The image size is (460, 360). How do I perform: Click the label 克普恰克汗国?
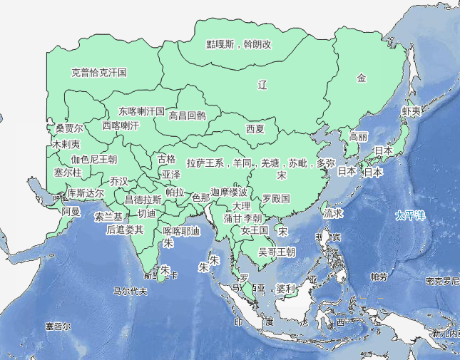[x=99, y=72]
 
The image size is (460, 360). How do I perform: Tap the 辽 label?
[x=262, y=85]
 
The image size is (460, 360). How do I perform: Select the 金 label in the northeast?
[x=362, y=78]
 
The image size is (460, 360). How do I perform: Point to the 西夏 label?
[x=255, y=129]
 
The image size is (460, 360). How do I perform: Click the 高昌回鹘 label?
[x=187, y=115]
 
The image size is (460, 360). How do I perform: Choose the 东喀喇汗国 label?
[x=141, y=112]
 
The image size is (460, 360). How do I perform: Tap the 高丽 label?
[x=359, y=136]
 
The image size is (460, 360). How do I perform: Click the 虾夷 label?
[x=412, y=112]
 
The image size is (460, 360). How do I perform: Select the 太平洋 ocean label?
[x=410, y=215]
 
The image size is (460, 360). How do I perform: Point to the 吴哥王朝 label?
[x=277, y=252]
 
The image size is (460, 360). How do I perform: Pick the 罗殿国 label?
[x=276, y=197]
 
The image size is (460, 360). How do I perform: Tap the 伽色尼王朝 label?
[x=93, y=159]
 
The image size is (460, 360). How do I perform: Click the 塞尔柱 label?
[x=68, y=173]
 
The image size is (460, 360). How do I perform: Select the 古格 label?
[x=166, y=158]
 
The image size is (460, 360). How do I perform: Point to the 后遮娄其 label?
[x=125, y=230]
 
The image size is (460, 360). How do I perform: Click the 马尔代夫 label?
[x=130, y=291]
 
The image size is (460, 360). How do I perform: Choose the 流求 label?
[x=333, y=212]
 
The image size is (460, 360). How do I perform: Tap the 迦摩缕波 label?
[x=230, y=192]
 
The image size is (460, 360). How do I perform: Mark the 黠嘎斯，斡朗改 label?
[x=239, y=44]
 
